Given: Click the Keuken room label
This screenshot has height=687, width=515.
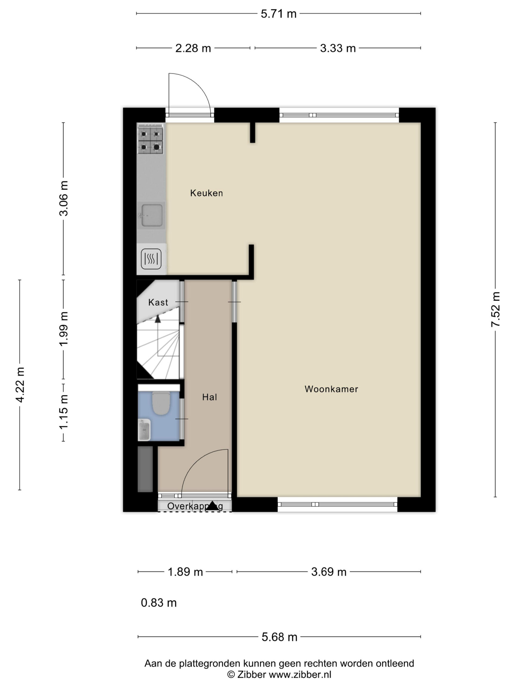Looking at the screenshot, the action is [x=207, y=193].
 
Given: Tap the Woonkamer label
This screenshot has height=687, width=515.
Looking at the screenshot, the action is [x=331, y=389].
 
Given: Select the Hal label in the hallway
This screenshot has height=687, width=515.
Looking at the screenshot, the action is [x=209, y=397].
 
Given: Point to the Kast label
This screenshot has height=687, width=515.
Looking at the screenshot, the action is [x=158, y=302].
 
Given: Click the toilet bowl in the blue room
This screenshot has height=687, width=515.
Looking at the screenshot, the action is [x=161, y=403].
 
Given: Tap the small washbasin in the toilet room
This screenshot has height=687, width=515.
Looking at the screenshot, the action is [x=144, y=430].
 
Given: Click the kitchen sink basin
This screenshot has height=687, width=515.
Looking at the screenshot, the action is [x=152, y=215].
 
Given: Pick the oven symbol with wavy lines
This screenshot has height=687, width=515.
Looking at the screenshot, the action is [x=151, y=258].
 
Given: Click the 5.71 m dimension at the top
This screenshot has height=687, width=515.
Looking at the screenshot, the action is [x=278, y=14].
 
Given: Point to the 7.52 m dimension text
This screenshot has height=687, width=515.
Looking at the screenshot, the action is [x=495, y=309].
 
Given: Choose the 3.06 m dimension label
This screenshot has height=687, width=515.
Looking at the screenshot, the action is [x=64, y=198].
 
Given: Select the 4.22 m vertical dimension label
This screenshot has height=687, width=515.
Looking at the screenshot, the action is [x=20, y=385].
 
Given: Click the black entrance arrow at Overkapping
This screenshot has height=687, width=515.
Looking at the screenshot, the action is [x=212, y=506].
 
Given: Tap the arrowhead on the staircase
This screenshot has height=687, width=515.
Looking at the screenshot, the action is [x=158, y=319].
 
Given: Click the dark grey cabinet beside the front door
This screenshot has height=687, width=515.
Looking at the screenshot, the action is [x=145, y=469].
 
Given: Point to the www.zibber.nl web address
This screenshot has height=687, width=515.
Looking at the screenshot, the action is [x=300, y=675].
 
